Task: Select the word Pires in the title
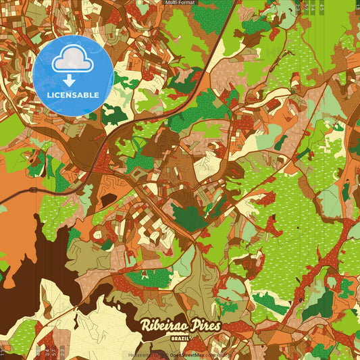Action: pyautogui.click(x=203, y=326)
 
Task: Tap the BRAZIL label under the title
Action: pyautogui.click(x=180, y=336)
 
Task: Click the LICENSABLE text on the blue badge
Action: pyautogui.click(x=73, y=95)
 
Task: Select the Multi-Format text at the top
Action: pyautogui.click(x=180, y=3)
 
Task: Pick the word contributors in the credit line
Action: pyautogui.click(x=218, y=355)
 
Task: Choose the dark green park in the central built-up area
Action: pyautogui.click(x=190, y=217)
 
